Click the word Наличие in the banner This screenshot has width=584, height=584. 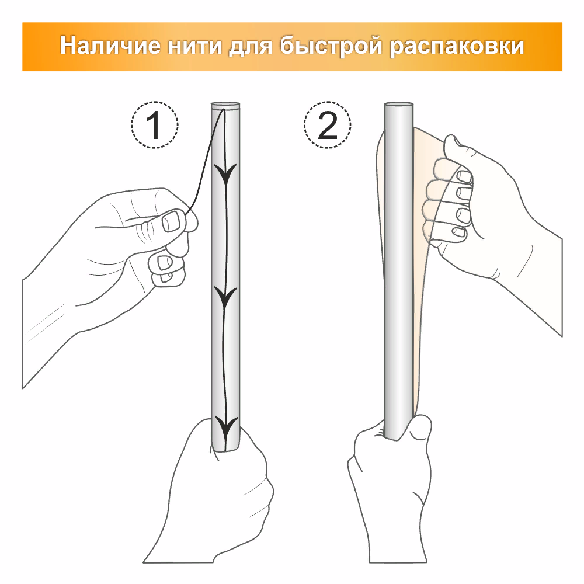pyautogui.click(x=110, y=46)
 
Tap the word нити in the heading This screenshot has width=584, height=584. pyautogui.click(x=194, y=46)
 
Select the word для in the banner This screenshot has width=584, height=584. pyautogui.click(x=251, y=46)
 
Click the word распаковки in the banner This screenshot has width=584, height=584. pyautogui.click(x=457, y=47)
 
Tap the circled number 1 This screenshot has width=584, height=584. pyautogui.click(x=154, y=125)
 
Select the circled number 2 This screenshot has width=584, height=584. pyautogui.click(x=328, y=125)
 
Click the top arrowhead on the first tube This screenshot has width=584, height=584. pyautogui.click(x=226, y=174)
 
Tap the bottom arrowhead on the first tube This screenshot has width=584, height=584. pyautogui.click(x=225, y=428)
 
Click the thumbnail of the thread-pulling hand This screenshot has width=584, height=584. pyautogui.click(x=171, y=221)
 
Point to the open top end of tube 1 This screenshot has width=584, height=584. pyautogui.click(x=225, y=105)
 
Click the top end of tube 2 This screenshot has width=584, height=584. pyautogui.click(x=399, y=105)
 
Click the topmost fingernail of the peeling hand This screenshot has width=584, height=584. pyautogui.click(x=464, y=176)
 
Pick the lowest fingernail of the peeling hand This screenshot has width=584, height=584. pyautogui.click(x=459, y=232)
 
